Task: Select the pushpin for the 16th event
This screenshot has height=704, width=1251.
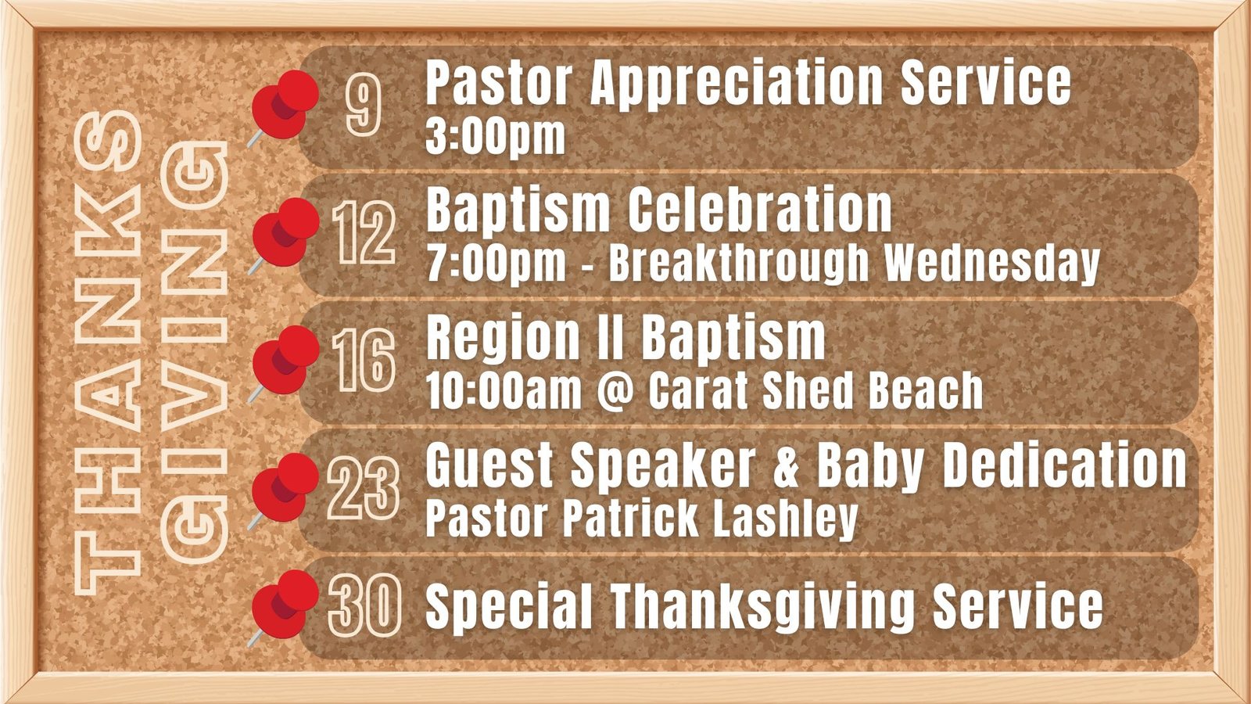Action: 284,361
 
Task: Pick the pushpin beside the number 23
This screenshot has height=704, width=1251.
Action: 284,489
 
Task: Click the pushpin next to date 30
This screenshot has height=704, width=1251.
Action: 284,606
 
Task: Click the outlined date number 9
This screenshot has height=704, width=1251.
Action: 363,106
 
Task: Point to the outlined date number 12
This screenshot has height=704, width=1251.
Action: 364,233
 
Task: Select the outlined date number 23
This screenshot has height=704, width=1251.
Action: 364,488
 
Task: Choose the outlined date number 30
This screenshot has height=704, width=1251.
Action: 364,606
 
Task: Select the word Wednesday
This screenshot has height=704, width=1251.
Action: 992,264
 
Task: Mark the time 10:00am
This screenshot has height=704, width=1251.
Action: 504,391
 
